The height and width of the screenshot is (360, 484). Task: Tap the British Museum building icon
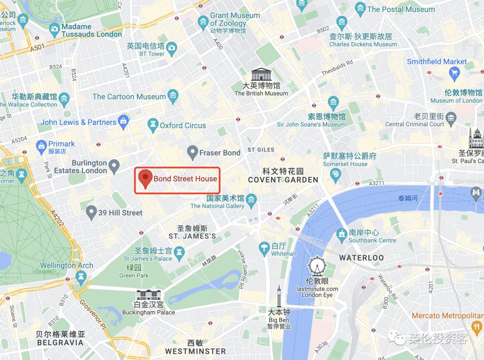pos(261,74)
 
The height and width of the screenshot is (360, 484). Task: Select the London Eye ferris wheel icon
pos(317,267)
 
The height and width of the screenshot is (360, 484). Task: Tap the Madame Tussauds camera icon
pos(55,30)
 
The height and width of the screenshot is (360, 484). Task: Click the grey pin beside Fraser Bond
pos(192,152)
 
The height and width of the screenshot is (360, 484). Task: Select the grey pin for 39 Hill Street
pos(91,211)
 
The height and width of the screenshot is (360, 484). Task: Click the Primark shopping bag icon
pos(41,145)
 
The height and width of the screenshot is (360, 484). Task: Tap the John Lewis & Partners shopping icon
pos(124,121)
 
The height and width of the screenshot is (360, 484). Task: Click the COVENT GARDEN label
pos(283,180)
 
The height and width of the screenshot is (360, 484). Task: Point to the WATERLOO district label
pos(361,257)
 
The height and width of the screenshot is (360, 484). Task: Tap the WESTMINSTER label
pos(195,351)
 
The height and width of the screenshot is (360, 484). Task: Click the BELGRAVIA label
pos(60,343)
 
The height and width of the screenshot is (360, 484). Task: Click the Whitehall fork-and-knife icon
pos(264,246)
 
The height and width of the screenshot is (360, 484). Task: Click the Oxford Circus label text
pos(183,125)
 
